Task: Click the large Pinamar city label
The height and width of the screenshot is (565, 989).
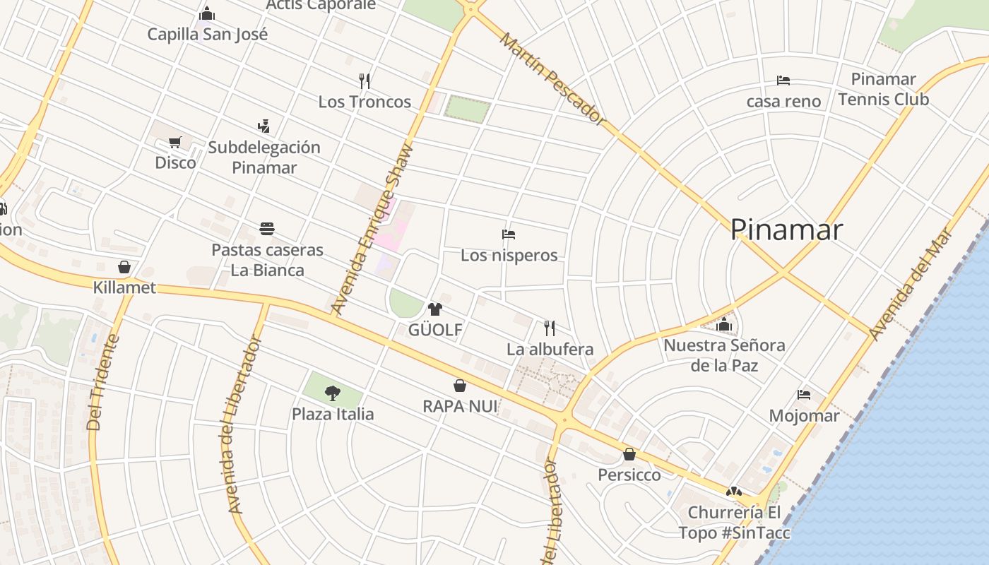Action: [786, 230]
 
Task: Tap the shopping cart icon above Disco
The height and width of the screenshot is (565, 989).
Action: [175, 142]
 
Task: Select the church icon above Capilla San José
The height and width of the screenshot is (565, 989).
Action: [207, 13]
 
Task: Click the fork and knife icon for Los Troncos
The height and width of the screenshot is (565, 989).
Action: [365, 81]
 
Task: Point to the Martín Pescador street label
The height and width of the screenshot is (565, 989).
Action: [552, 79]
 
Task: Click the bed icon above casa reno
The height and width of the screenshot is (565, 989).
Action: [783, 81]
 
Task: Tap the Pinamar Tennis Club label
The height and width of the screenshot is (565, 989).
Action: [883, 89]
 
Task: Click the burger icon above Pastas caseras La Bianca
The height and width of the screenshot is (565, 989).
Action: [267, 229]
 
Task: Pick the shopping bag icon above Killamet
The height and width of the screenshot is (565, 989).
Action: [124, 267]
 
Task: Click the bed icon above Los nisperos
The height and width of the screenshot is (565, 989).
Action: [509, 234]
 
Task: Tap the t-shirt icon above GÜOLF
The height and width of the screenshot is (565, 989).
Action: [435, 309]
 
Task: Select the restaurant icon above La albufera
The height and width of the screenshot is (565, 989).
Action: [550, 328]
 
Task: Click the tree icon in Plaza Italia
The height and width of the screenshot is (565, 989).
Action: [333, 393]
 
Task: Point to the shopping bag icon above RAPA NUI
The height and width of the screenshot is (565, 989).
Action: [460, 386]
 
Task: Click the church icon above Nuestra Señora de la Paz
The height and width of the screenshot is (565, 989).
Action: [724, 325]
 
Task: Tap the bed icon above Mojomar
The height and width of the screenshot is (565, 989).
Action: [804, 395]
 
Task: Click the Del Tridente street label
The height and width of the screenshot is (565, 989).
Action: [103, 382]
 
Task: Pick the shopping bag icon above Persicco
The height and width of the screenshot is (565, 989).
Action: [629, 454]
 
